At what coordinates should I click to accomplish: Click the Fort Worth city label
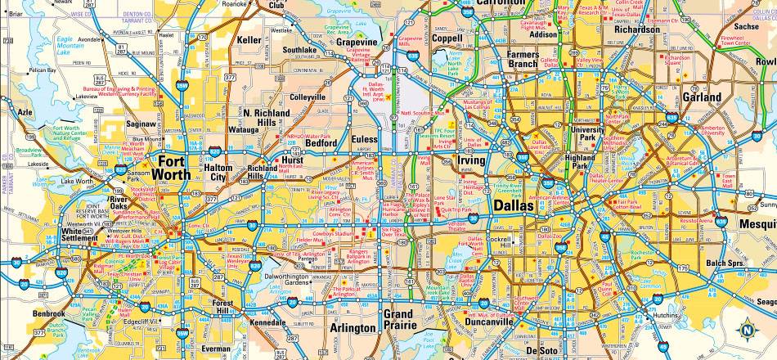click(x=173, y=167)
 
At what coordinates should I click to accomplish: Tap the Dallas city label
click(x=514, y=207)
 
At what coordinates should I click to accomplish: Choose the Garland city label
click(x=702, y=97)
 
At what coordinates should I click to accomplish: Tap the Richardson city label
click(x=637, y=29)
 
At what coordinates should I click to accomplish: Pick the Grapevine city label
click(x=356, y=42)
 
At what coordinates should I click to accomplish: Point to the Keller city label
click(x=249, y=39)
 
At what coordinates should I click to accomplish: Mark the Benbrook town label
click(x=49, y=313)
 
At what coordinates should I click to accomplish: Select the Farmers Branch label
click(x=523, y=59)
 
